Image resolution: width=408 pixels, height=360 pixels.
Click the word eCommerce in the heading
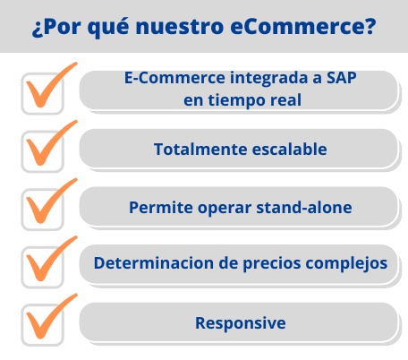pyautogui.click(x=302, y=27)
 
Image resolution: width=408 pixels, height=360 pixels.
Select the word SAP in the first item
pyautogui.click(x=342, y=78)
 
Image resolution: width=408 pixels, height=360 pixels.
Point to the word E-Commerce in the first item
pyautogui.click(x=174, y=78)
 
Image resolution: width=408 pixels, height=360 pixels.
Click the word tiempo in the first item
pyautogui.click(x=237, y=100)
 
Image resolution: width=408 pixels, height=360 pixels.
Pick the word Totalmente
pyautogui.click(x=200, y=149)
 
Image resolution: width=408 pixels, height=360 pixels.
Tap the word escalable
pyautogui.click(x=289, y=149)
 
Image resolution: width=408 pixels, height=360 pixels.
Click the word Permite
pyautogui.click(x=161, y=207)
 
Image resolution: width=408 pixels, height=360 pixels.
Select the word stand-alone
pyautogui.click(x=304, y=207)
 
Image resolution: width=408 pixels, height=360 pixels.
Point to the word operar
pyautogui.click(x=225, y=209)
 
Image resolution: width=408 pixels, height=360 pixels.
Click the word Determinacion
pyautogui.click(x=154, y=263)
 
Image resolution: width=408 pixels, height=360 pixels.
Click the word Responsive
pyautogui.click(x=241, y=323)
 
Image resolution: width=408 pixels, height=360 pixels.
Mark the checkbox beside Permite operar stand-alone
pyautogui.click(x=42, y=210)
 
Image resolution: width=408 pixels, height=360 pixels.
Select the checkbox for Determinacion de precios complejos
pyautogui.click(x=42, y=267)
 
